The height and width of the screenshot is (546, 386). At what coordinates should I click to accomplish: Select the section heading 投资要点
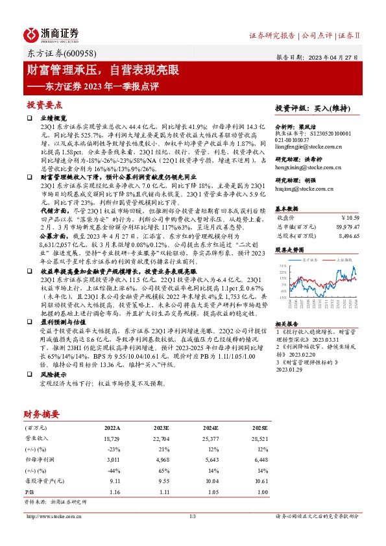(x=44, y=104)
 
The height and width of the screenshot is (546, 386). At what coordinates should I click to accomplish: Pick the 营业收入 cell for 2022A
(x=112, y=439)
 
